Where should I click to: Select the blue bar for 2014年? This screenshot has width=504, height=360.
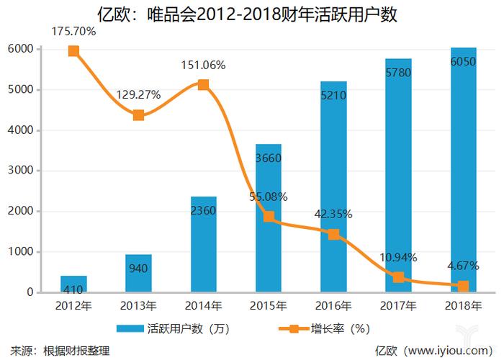click(x=204, y=245)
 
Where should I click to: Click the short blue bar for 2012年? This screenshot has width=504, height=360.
click(x=73, y=284)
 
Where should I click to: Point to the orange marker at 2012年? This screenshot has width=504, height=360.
click(x=73, y=51)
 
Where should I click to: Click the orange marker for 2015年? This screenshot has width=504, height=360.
click(x=269, y=217)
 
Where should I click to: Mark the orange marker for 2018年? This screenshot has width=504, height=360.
click(x=463, y=287)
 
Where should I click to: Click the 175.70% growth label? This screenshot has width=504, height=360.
click(x=73, y=32)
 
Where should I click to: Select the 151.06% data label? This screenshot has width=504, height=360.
click(x=203, y=66)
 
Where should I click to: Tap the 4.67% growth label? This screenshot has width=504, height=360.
click(x=463, y=266)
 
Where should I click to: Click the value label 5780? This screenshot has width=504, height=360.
click(x=398, y=73)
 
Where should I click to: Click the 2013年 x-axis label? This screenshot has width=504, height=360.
click(x=139, y=305)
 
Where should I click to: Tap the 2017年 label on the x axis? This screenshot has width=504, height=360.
click(x=398, y=305)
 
